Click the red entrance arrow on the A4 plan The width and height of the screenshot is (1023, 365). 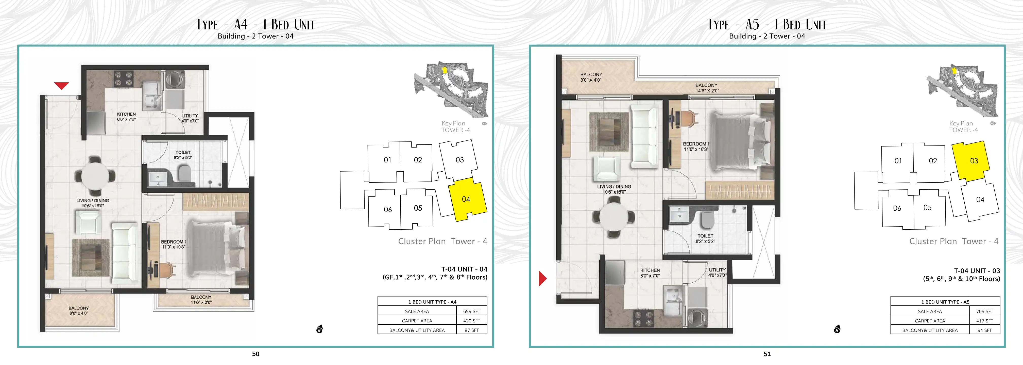tap(62, 85)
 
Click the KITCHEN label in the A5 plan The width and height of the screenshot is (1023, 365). tap(650, 270)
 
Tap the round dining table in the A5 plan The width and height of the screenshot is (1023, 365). tap(613, 217)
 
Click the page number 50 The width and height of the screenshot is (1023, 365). tap(256, 354)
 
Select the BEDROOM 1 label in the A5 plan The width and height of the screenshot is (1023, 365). tap(696, 144)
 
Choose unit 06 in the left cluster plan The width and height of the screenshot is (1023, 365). tap(388, 209)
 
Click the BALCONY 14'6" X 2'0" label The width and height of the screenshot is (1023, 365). tap(707, 88)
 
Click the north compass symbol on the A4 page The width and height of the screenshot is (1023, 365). tap(320, 329)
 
